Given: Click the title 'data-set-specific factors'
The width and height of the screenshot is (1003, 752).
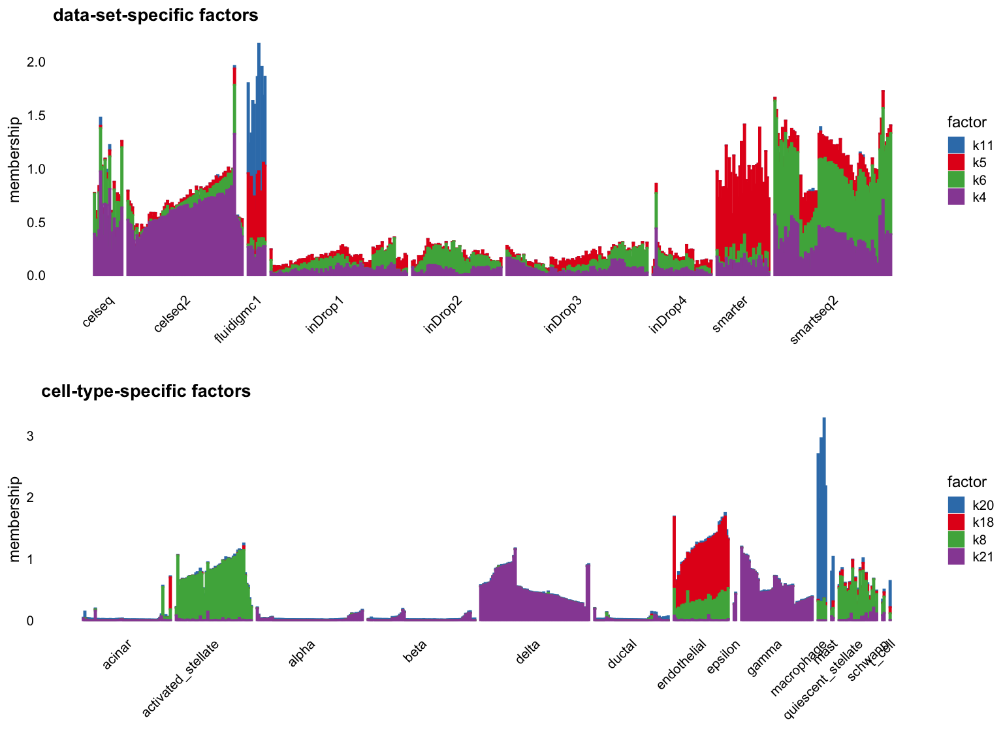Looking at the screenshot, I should coord(155,15).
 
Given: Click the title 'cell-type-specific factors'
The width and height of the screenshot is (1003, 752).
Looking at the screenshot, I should coord(146,391).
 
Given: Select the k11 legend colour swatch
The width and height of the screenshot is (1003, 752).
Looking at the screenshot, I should coord(956,145).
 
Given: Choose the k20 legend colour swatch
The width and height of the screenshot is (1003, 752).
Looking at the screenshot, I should coord(956,505).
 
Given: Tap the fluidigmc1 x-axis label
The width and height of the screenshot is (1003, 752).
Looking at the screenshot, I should coord(239,319).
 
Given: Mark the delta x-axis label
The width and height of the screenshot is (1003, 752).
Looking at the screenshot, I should coord(528,652).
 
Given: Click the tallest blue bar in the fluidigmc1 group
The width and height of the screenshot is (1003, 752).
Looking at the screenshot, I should coord(259,98).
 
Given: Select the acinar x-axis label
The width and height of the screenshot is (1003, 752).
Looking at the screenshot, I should coord(118,655).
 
